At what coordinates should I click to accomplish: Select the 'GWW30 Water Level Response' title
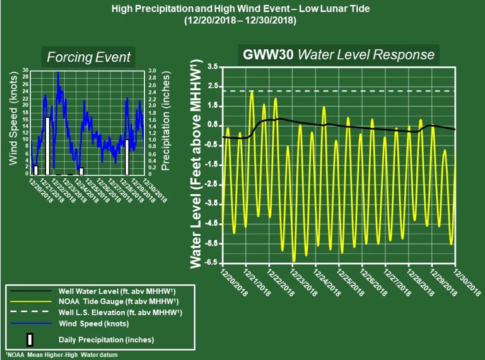click(339, 54)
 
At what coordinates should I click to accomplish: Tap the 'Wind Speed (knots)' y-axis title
click(13, 122)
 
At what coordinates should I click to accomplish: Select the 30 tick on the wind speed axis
click(25, 70)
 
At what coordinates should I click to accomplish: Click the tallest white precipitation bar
click(47, 146)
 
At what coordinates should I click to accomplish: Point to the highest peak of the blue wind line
click(58, 73)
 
